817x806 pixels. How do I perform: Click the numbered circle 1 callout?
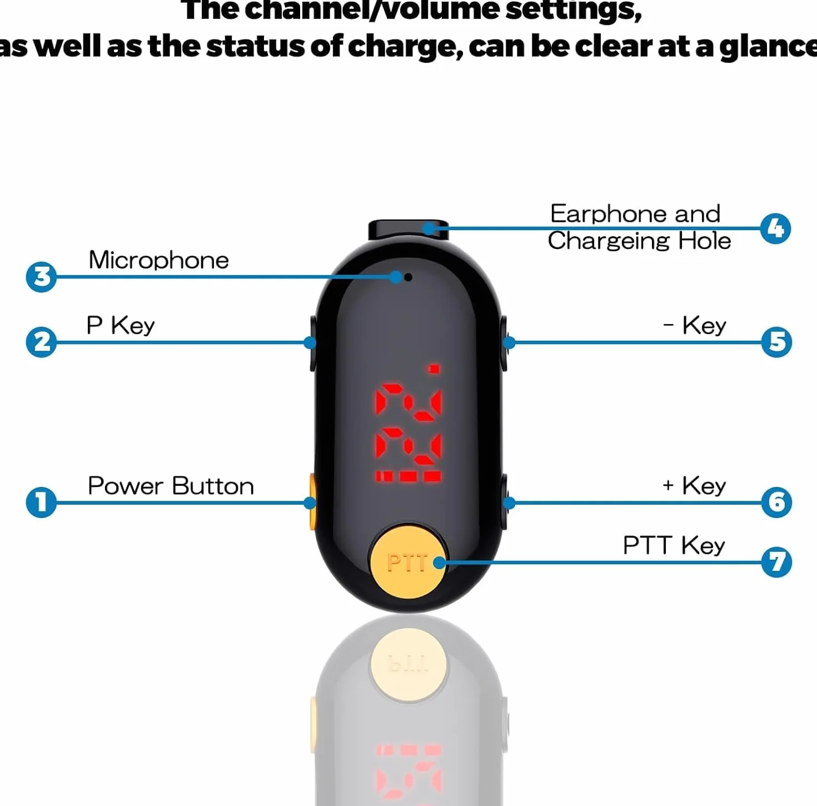tap(41, 502)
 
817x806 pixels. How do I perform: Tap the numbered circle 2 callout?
tap(41, 342)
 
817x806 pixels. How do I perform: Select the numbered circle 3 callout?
tap(41, 277)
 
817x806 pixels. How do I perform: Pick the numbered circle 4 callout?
tap(775, 228)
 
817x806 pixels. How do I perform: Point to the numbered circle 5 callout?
tap(776, 342)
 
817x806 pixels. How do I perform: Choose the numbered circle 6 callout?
tap(776, 502)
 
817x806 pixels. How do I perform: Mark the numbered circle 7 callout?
tap(776, 563)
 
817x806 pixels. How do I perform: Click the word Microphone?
tap(158, 260)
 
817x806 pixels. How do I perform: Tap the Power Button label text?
tap(171, 486)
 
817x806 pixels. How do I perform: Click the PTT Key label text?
tap(674, 545)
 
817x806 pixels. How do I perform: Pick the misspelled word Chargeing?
tap(609, 241)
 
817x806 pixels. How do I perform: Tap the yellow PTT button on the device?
tap(409, 563)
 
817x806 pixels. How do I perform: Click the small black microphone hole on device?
tap(409, 277)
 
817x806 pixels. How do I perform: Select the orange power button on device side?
tap(313, 502)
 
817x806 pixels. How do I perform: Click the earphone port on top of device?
tap(409, 230)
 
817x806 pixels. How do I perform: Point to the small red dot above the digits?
tap(434, 369)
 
